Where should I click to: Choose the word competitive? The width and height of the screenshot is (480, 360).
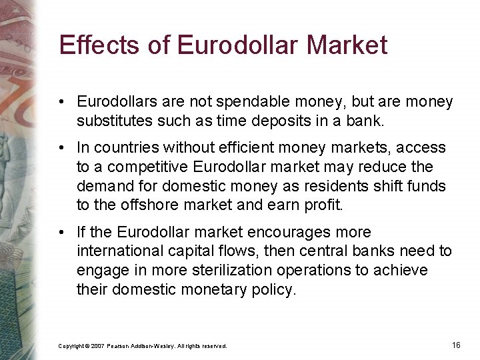(149, 167)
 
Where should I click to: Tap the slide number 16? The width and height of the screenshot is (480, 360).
(456, 345)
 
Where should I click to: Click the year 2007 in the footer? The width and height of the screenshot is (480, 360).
(97, 346)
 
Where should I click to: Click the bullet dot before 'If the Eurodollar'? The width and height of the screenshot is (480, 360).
(61, 233)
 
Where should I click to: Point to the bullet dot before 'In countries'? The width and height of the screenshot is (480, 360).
(61, 148)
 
